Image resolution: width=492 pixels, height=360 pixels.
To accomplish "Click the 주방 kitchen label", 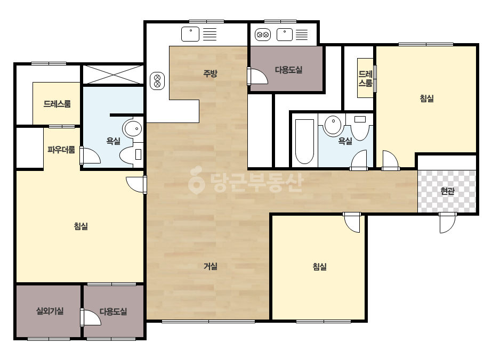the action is coord(210,73).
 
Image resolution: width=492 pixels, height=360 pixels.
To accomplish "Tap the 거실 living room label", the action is coord(211,266).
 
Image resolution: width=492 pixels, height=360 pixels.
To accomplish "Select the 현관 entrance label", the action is coord(447,191).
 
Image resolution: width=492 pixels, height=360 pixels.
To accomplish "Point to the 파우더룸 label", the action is coord(61,150).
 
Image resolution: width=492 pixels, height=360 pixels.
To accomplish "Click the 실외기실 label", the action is coord(50,311).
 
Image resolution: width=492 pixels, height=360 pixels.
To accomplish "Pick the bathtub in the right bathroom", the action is coord(304,142).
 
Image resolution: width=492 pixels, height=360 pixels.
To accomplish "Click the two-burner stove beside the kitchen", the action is coord(157,81).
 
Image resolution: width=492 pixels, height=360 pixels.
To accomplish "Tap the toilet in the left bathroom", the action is coord(131,154).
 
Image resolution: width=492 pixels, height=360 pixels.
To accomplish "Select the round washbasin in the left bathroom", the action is coord(132,128).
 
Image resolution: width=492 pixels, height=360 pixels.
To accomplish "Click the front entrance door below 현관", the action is coord(447,223).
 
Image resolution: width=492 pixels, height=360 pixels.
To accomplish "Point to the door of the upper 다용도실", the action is coord(257,76).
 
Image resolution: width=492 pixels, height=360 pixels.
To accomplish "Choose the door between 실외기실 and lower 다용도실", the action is coord(91,317).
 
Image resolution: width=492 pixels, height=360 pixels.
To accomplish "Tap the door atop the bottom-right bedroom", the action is coord(352,222).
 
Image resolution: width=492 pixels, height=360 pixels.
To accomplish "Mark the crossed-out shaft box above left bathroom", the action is coord(113,75).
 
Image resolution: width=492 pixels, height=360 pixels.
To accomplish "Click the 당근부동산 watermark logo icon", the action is coord(196,180).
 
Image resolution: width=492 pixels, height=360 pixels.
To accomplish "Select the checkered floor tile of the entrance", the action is coord(447,191).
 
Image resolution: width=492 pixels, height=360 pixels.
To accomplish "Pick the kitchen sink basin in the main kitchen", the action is coord(190,34).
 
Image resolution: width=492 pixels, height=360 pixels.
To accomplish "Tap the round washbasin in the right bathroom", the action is coord(333,125).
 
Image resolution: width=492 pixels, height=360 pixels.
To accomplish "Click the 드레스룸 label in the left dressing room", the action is coord(57,104).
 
